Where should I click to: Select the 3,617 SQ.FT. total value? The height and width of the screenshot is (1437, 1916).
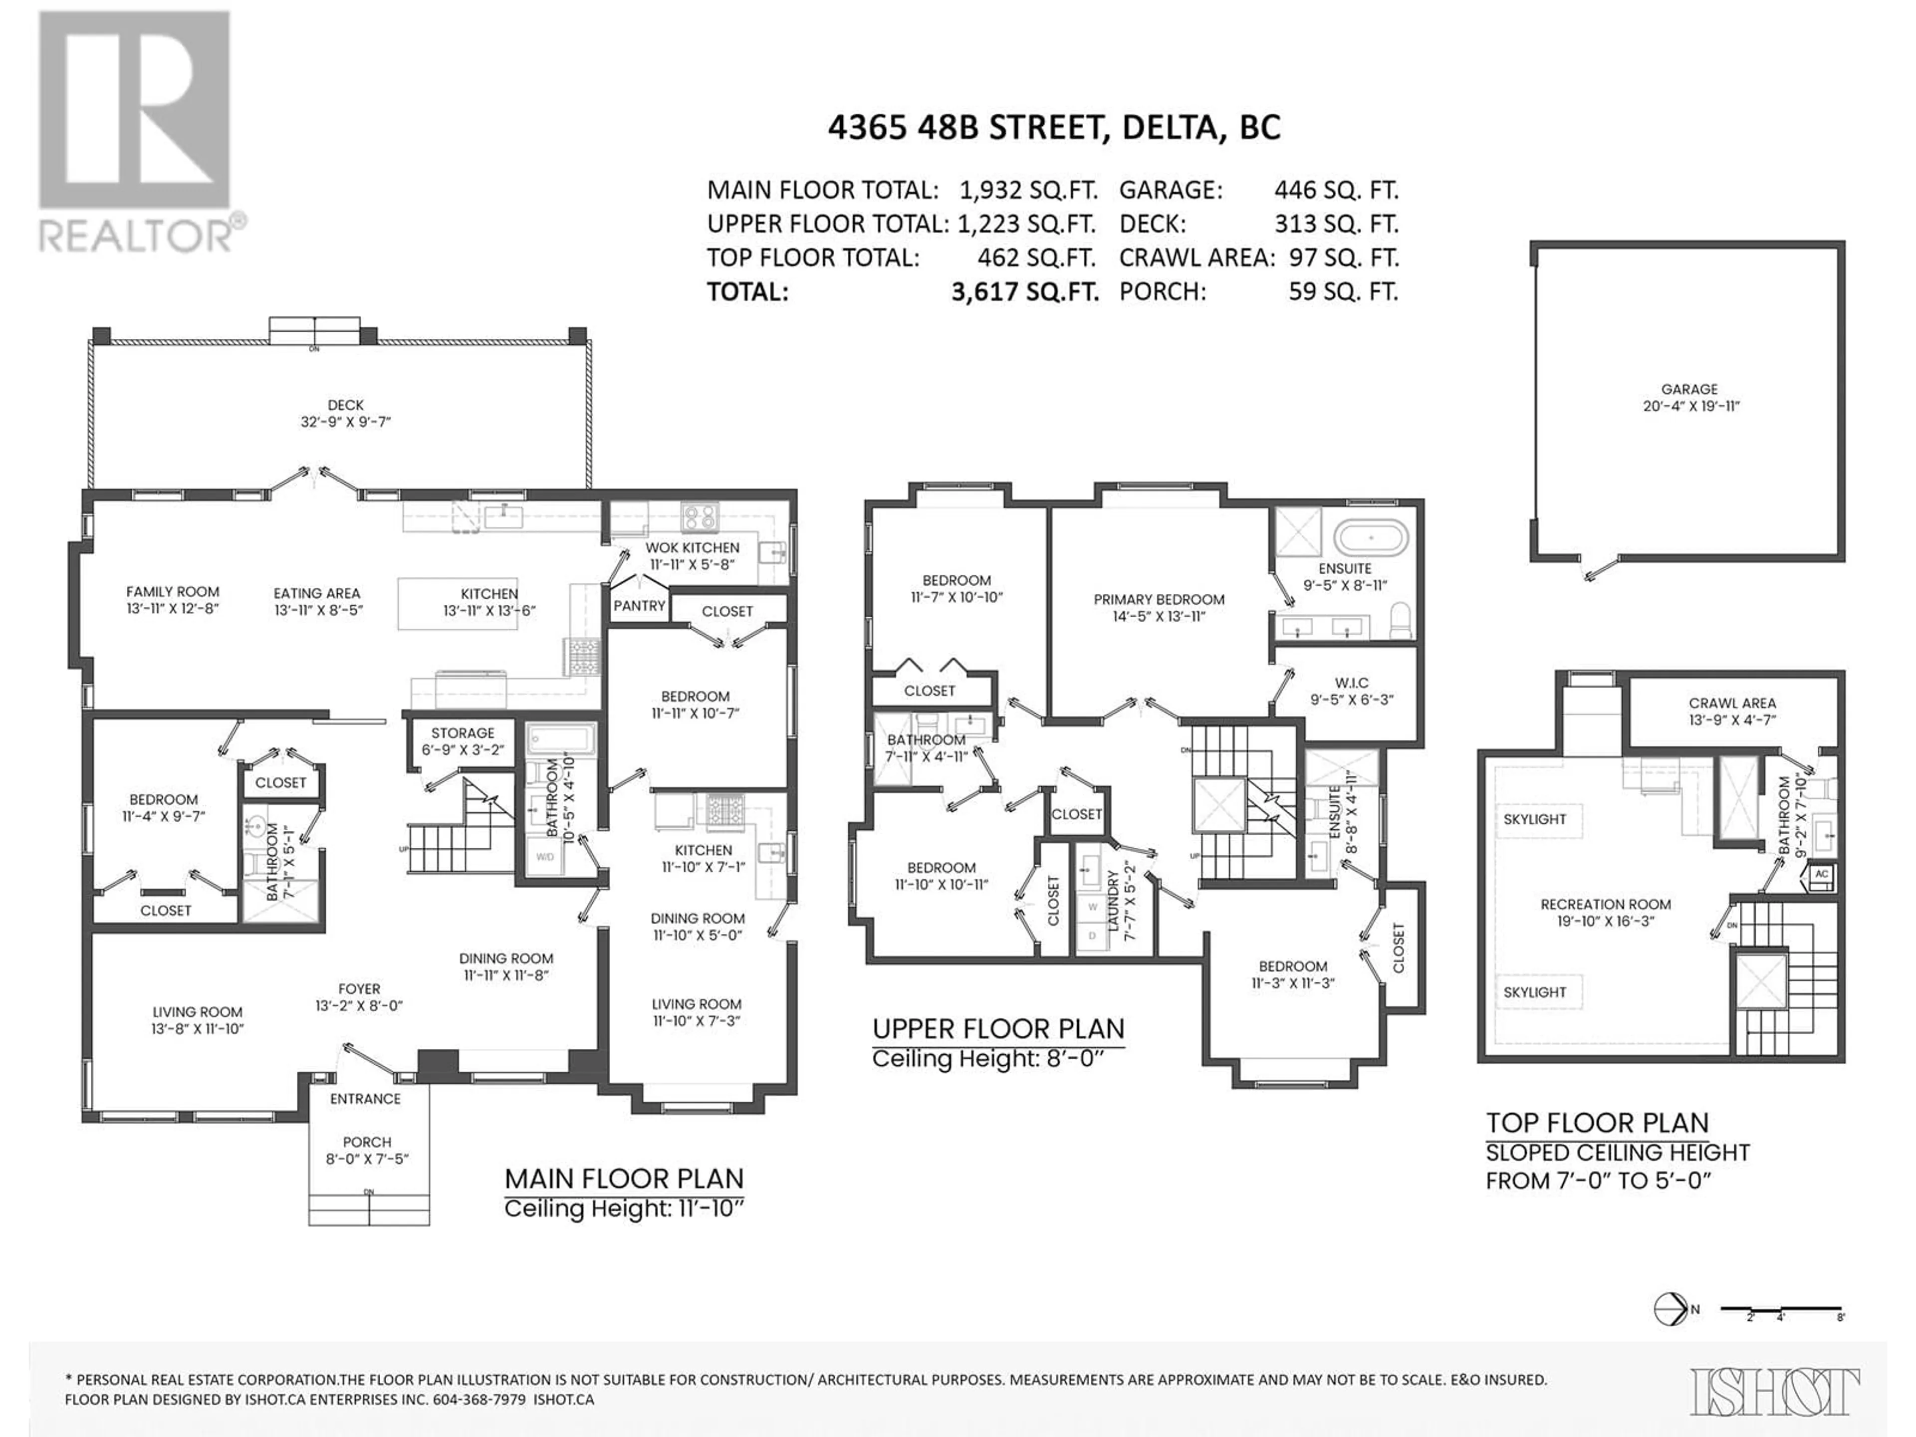[1025, 292]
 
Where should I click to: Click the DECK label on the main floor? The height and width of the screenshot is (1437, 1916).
[346, 405]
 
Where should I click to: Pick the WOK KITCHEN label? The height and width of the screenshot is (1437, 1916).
[692, 547]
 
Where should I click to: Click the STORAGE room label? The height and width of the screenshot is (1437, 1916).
[463, 733]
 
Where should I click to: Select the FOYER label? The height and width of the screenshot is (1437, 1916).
[359, 988]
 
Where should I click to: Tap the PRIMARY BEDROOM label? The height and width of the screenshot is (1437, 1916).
[1159, 599]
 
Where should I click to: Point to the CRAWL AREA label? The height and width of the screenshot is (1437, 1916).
[1732, 704]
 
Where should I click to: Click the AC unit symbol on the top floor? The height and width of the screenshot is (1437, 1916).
[1821, 875]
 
